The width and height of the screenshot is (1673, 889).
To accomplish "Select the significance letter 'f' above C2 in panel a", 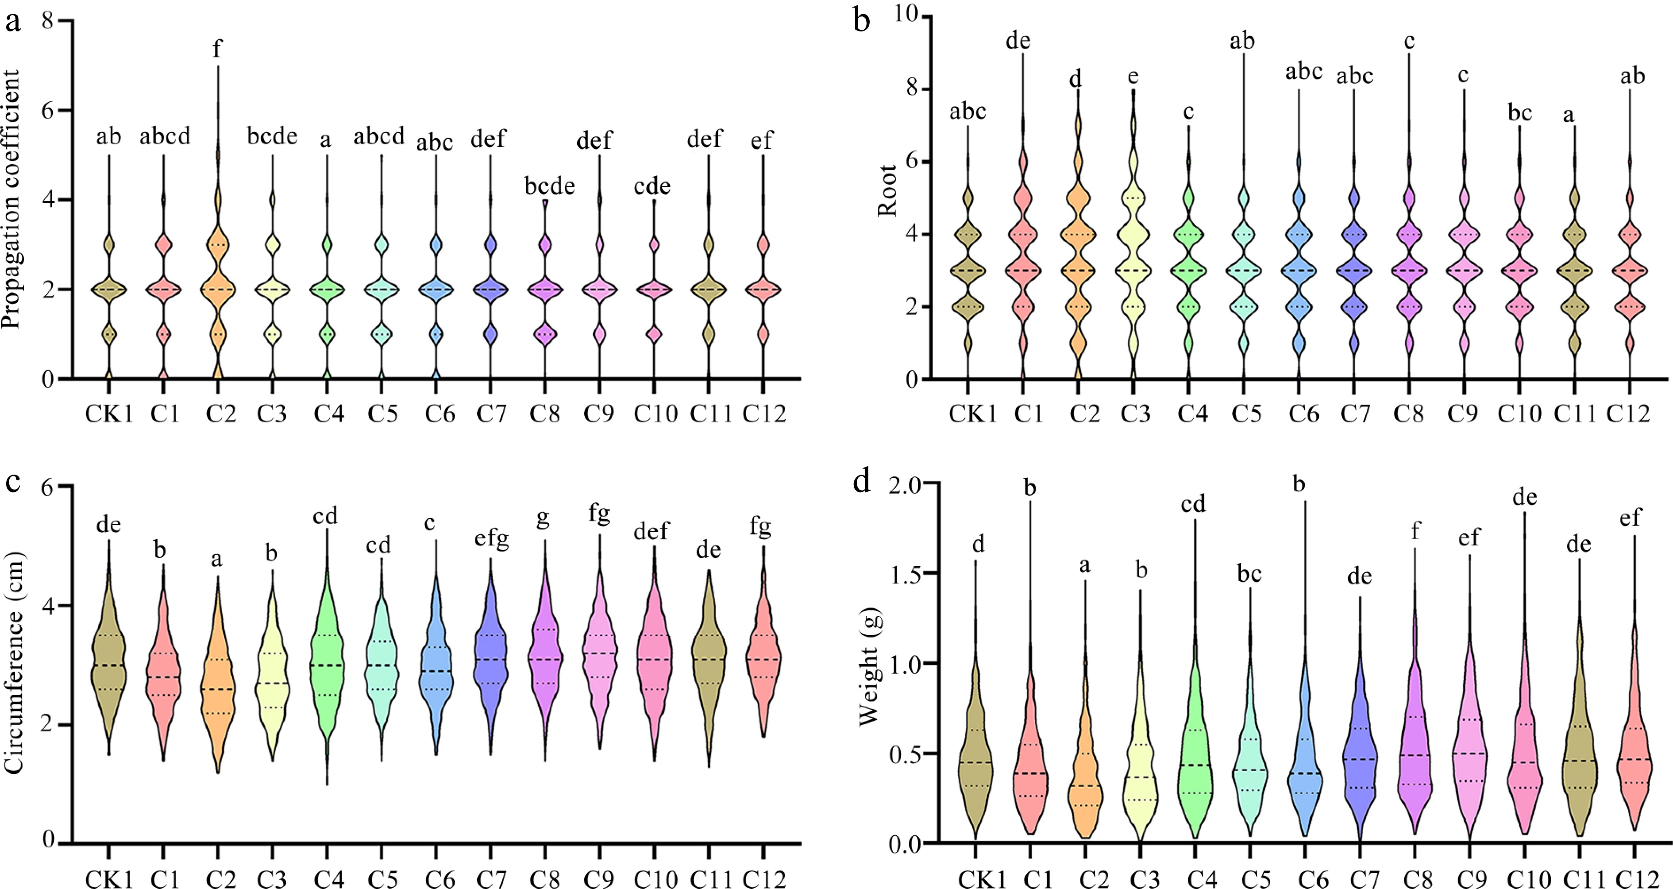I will click(218, 49).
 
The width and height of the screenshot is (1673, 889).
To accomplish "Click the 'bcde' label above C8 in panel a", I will click(549, 186).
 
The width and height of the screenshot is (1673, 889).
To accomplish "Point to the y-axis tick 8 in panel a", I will click(47, 21).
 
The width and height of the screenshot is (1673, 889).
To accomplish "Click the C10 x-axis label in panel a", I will click(655, 414).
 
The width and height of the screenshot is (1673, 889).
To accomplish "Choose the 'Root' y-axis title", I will click(887, 190).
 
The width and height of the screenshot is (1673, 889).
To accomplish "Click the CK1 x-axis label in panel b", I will click(972, 414).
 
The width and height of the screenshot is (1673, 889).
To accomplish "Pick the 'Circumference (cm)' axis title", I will click(13, 663).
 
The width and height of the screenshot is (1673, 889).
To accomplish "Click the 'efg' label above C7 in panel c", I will click(491, 539).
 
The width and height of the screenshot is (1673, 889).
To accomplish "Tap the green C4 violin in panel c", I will click(327, 669).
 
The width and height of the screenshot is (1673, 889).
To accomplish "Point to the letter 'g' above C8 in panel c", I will click(543, 518).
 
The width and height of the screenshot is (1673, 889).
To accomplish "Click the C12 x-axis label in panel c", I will click(764, 879).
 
